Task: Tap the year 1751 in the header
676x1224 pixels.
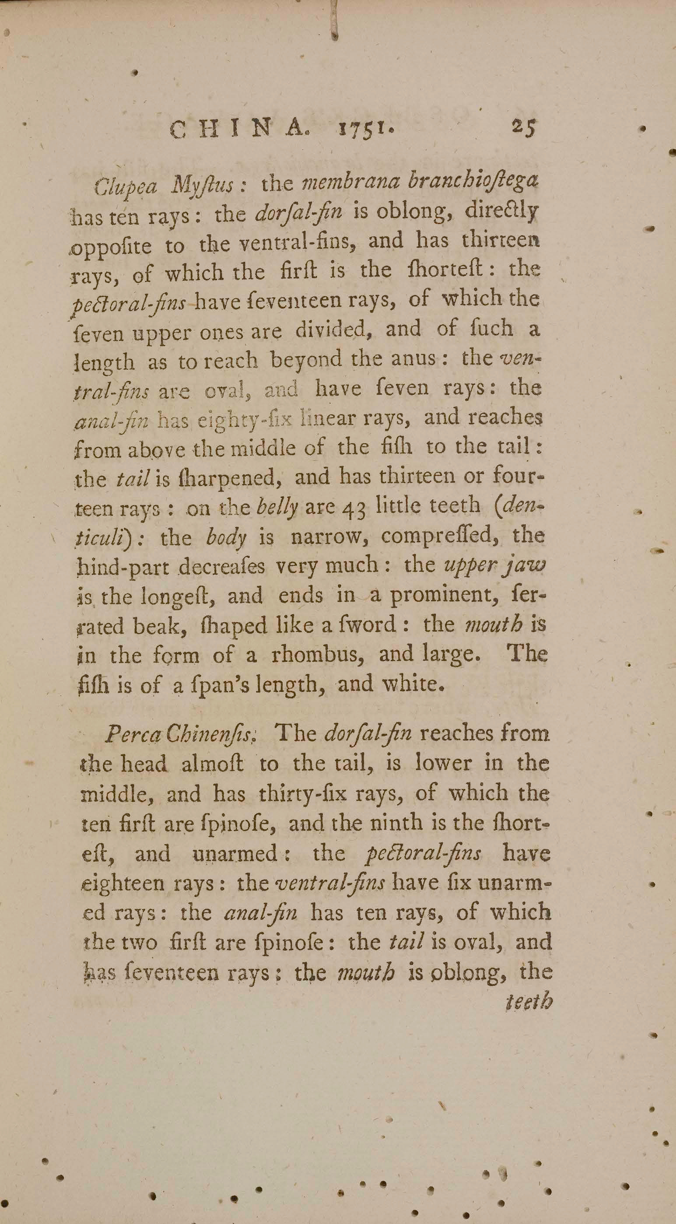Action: coord(364,130)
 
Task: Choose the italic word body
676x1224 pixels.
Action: coord(227,537)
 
